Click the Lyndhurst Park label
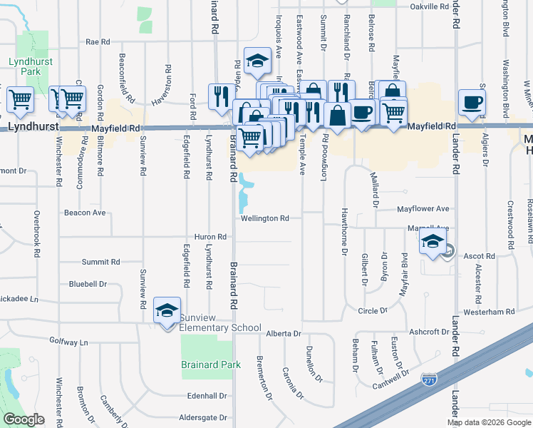(x=26, y=67)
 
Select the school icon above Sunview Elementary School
(x=167, y=310)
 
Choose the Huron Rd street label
(x=210, y=237)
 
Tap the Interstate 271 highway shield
(x=429, y=379)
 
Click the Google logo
(x=24, y=419)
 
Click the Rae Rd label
(x=97, y=42)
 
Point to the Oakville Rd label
(x=430, y=6)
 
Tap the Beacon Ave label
(x=84, y=213)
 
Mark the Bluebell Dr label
(x=88, y=283)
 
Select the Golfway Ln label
(x=68, y=342)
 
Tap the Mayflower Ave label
(x=423, y=209)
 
